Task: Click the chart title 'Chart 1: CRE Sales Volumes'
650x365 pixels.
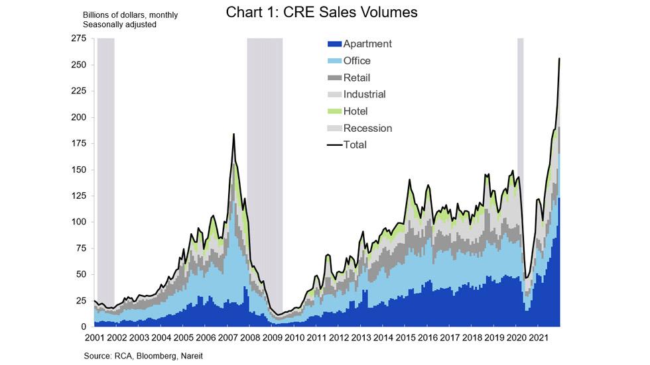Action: pos(322,13)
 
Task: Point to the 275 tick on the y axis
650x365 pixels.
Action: pos(80,39)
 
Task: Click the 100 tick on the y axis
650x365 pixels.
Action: pos(80,222)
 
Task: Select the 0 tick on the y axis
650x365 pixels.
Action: pos(84,327)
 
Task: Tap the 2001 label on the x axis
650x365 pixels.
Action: pos(94,337)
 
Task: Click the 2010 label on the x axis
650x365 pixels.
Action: pos(294,337)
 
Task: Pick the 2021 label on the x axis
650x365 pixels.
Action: pos(539,337)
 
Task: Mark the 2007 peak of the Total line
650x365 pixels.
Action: pos(233,134)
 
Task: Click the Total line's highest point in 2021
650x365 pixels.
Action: pos(560,58)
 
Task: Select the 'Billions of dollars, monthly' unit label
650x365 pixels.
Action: pos(130,15)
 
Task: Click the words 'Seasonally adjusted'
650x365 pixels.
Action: pos(119,25)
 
